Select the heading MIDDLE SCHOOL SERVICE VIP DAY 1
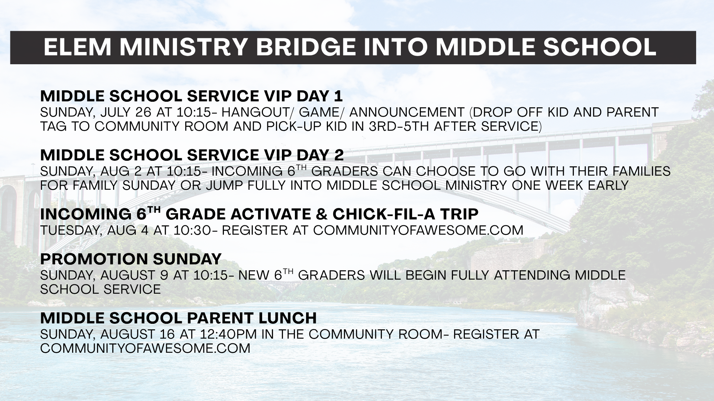(x=191, y=96)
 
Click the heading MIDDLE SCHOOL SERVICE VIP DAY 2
(x=192, y=155)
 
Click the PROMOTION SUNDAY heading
(x=131, y=259)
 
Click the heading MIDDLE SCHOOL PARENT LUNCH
(x=178, y=318)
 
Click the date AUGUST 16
(x=137, y=334)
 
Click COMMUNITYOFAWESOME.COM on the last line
(x=145, y=348)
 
